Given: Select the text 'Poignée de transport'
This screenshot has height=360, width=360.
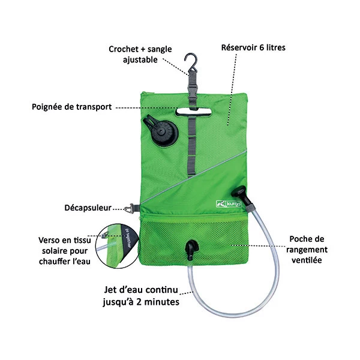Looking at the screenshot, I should point(71,107).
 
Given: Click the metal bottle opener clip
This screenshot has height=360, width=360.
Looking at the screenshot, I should point(128,209).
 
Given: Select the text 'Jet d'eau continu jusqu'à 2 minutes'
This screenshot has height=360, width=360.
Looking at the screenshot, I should point(142,296).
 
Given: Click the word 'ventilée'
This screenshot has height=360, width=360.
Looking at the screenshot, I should point(304,260).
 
